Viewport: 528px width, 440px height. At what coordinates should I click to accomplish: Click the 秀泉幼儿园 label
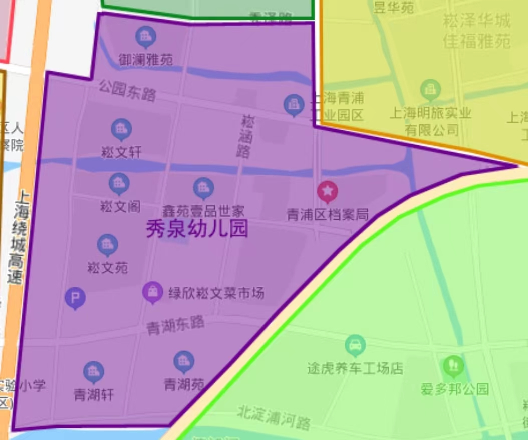click(x=197, y=229)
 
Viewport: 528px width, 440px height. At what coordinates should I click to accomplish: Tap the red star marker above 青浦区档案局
click(x=328, y=191)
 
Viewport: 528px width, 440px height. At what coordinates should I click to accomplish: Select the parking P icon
click(x=75, y=298)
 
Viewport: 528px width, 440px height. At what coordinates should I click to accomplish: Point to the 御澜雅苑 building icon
click(x=146, y=36)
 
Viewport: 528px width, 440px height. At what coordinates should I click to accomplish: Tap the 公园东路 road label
click(x=127, y=90)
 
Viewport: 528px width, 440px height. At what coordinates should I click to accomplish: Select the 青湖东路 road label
click(x=175, y=325)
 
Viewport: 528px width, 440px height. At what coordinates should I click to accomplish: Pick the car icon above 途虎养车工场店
click(x=355, y=345)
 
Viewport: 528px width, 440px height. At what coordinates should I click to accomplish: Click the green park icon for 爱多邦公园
click(x=453, y=365)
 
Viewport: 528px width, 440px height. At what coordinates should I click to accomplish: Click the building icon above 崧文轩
click(x=121, y=129)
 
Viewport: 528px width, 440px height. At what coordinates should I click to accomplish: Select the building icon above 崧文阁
click(x=119, y=183)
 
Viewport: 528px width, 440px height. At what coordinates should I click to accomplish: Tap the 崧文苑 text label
click(x=107, y=268)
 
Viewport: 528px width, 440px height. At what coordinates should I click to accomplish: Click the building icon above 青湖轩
click(x=94, y=371)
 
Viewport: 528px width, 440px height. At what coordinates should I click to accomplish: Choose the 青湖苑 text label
click(x=184, y=384)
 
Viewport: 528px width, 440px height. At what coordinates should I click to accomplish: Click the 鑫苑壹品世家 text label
click(x=203, y=211)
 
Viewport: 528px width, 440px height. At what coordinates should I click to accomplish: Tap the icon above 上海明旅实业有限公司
click(x=430, y=89)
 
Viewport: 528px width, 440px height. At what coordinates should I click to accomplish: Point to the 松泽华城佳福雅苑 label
click(x=476, y=31)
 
